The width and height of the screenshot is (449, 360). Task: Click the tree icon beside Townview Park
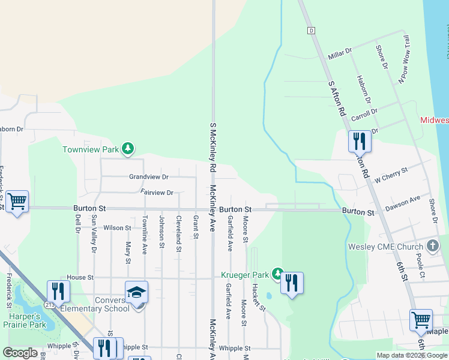click(127, 148)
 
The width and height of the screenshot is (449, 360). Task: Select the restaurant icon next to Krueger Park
click(292, 283)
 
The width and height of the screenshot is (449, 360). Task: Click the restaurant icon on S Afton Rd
click(360, 141)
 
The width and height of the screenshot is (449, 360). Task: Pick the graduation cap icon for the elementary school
click(136, 292)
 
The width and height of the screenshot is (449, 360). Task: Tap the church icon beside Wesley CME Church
click(432, 246)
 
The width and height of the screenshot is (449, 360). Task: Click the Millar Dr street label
click(340, 55)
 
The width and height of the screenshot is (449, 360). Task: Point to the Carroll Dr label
click(364, 112)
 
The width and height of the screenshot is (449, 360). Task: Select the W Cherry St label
click(391, 175)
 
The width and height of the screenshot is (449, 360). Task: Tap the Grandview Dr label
click(149, 177)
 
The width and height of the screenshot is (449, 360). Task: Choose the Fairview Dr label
click(157, 193)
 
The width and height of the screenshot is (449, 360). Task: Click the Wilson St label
click(117, 228)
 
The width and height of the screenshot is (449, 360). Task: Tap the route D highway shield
click(311, 30)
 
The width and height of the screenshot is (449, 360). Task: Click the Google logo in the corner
click(20, 353)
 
